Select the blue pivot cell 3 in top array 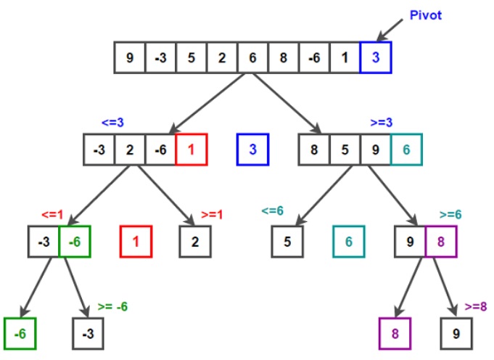pyautogui.click(x=375, y=57)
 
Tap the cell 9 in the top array pyautogui.click(x=130, y=57)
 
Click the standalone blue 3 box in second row pyautogui.click(x=252, y=150)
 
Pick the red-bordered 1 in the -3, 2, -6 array pyautogui.click(x=191, y=150)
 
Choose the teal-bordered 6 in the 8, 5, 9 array pyautogui.click(x=406, y=150)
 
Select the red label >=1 pyautogui.click(x=213, y=214)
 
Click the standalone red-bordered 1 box pyautogui.click(x=136, y=242)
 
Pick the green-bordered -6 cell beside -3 pyautogui.click(x=74, y=242)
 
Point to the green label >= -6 pyautogui.click(x=112, y=306)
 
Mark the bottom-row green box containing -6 pyautogui.click(x=20, y=334)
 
